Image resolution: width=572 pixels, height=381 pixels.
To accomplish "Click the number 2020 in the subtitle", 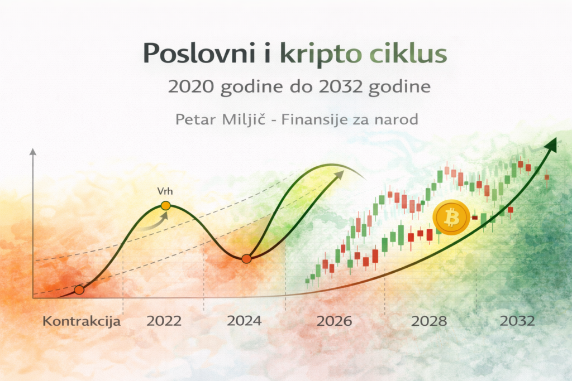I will click(x=192, y=88).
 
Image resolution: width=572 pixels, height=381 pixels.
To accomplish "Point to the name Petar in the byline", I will click(x=194, y=119).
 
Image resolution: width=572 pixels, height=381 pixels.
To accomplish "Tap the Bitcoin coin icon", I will click(x=451, y=217).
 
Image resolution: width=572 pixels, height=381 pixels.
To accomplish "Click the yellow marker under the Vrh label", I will click(x=165, y=206).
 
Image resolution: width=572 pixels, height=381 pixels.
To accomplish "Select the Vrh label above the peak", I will click(x=164, y=191).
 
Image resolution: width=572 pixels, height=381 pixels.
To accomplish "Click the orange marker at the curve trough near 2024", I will click(x=246, y=258).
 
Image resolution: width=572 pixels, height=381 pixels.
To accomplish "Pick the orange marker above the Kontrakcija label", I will click(x=79, y=290).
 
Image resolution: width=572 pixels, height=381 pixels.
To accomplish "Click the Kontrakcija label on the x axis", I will click(x=82, y=321).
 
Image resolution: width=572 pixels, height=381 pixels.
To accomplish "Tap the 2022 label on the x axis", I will click(x=164, y=321).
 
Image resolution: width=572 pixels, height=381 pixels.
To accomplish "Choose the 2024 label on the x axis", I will click(x=244, y=321).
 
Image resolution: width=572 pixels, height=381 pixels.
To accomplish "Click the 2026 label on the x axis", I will click(x=334, y=321).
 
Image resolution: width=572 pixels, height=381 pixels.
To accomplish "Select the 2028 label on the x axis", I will click(x=429, y=321).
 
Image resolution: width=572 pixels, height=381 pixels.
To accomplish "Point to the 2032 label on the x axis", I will click(x=517, y=321).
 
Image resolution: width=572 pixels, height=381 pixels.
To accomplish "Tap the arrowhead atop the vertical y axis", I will click(x=33, y=152).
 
